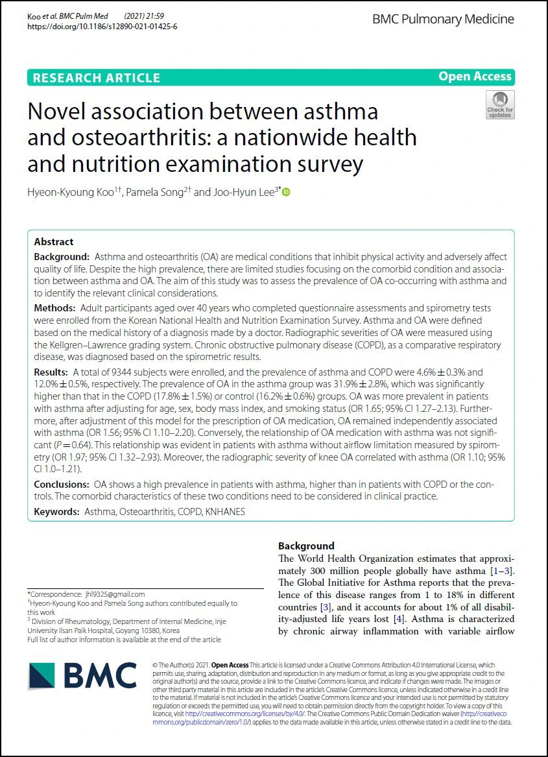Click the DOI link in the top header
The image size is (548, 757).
(102, 27)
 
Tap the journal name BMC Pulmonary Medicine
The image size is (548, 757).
(443, 19)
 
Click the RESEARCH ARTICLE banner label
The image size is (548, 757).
(96, 78)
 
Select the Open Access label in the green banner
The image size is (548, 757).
(475, 77)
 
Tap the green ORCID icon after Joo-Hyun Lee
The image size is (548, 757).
(286, 192)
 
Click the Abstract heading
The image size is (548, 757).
(54, 242)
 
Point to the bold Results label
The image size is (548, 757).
(51, 372)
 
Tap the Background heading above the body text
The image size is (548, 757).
(306, 546)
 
